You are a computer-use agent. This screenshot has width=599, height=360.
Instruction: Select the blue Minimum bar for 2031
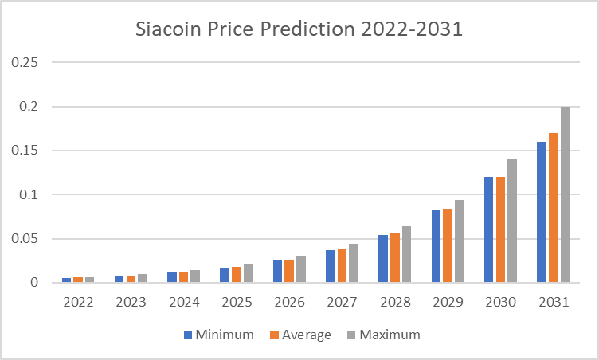(x=542, y=212)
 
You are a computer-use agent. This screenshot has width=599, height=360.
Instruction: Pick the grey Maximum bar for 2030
(x=512, y=221)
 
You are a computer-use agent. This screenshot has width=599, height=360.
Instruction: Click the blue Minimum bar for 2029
(x=437, y=246)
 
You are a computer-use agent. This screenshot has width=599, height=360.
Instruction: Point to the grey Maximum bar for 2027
(x=354, y=263)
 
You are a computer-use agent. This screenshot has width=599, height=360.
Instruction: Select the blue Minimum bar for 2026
(x=278, y=271)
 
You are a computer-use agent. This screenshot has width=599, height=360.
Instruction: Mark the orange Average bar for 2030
(x=500, y=229)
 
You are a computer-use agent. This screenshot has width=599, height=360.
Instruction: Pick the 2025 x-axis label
(x=237, y=303)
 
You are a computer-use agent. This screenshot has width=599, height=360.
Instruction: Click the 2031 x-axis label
(x=553, y=303)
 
